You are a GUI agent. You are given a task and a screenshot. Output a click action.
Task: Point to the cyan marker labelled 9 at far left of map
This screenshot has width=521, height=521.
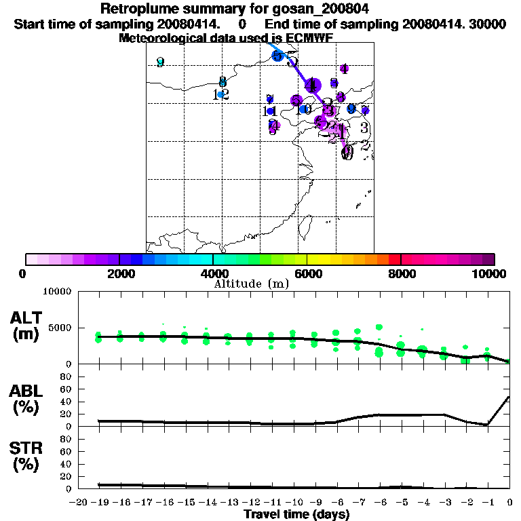click(160, 62)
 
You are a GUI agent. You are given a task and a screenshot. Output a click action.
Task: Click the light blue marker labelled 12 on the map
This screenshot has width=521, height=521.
click(220, 94)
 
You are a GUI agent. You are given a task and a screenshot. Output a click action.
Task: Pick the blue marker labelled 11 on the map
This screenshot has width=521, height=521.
click(270, 111)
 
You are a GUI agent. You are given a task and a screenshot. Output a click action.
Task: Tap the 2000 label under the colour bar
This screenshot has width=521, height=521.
click(119, 273)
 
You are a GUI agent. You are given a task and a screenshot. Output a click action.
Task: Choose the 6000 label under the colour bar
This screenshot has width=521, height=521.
click(307, 273)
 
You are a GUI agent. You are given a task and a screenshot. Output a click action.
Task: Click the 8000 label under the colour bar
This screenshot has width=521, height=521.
click(401, 273)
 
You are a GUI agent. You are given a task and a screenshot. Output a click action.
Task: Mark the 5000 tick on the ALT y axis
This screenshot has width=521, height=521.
click(60, 328)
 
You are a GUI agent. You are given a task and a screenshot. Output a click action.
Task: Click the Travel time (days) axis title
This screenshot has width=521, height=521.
click(296, 515)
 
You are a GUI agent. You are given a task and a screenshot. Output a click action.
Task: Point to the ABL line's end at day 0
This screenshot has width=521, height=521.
click(509, 398)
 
